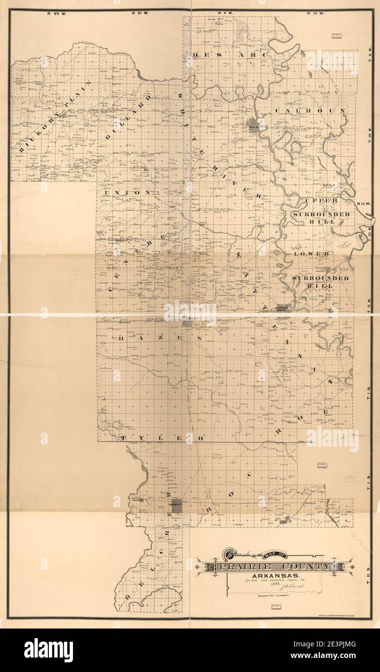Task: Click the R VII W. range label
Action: point(56,13)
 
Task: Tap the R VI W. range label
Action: point(141,13)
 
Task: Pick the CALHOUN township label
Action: point(309,111)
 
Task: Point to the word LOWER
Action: point(312,253)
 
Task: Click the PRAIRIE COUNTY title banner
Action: point(275,566)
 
